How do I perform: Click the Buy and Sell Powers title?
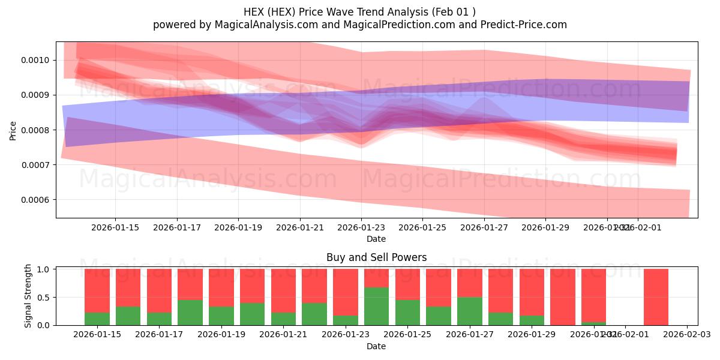[376, 257]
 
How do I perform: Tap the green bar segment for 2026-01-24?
[376, 306]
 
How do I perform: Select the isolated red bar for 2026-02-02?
[656, 297]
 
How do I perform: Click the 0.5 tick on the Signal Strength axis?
[46, 298]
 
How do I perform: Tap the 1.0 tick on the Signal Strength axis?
[46, 269]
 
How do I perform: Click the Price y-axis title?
[13, 130]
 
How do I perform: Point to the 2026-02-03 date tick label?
[687, 335]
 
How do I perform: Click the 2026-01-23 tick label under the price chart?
[362, 227]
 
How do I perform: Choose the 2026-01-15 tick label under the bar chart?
[97, 335]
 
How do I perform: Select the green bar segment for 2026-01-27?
[469, 311]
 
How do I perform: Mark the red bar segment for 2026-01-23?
[346, 292]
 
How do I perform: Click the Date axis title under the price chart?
[376, 239]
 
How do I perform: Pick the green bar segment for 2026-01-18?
[190, 313]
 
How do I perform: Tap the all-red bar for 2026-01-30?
[563, 297]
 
